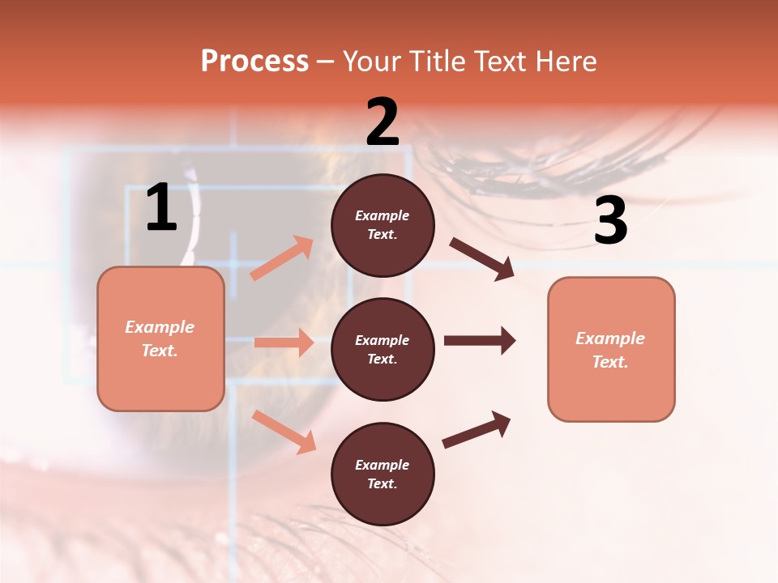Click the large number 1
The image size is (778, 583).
161,209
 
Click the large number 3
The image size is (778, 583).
610,222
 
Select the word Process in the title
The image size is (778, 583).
254,62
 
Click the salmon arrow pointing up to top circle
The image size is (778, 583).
281,258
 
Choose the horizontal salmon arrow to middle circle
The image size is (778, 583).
284,343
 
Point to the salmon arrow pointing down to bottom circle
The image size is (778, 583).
284,431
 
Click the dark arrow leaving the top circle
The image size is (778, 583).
481,259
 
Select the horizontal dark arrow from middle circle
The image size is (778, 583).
479,341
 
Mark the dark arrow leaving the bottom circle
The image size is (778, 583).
476,430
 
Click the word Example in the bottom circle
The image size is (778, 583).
383,465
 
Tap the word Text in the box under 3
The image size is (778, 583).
609,362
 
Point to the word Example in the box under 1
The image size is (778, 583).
160,327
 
